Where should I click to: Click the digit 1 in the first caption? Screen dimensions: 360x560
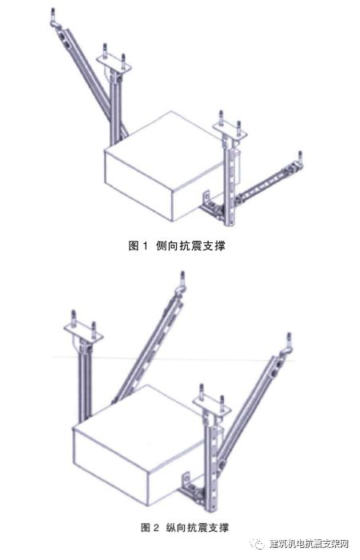[145, 246]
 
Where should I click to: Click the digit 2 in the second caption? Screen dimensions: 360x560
[156, 527]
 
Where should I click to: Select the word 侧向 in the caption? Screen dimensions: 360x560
[166, 246]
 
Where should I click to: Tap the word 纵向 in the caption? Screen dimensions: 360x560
[177, 527]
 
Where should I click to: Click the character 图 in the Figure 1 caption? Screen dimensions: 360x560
[134, 246]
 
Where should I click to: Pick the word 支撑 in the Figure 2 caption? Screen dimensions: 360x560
[218, 527]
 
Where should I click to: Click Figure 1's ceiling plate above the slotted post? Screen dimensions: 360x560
[230, 131]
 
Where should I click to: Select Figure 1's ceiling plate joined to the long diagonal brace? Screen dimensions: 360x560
[114, 63]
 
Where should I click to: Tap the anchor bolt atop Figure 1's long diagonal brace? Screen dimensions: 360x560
[54, 17]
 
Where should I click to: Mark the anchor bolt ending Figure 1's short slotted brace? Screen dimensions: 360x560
[300, 158]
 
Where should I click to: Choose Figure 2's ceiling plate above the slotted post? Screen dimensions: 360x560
[210, 405]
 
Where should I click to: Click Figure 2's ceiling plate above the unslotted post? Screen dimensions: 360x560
[83, 332]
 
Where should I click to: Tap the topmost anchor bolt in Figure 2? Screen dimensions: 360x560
[182, 280]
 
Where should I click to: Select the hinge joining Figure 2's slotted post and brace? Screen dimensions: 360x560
[222, 463]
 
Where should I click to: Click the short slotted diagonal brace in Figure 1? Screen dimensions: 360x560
[265, 183]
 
